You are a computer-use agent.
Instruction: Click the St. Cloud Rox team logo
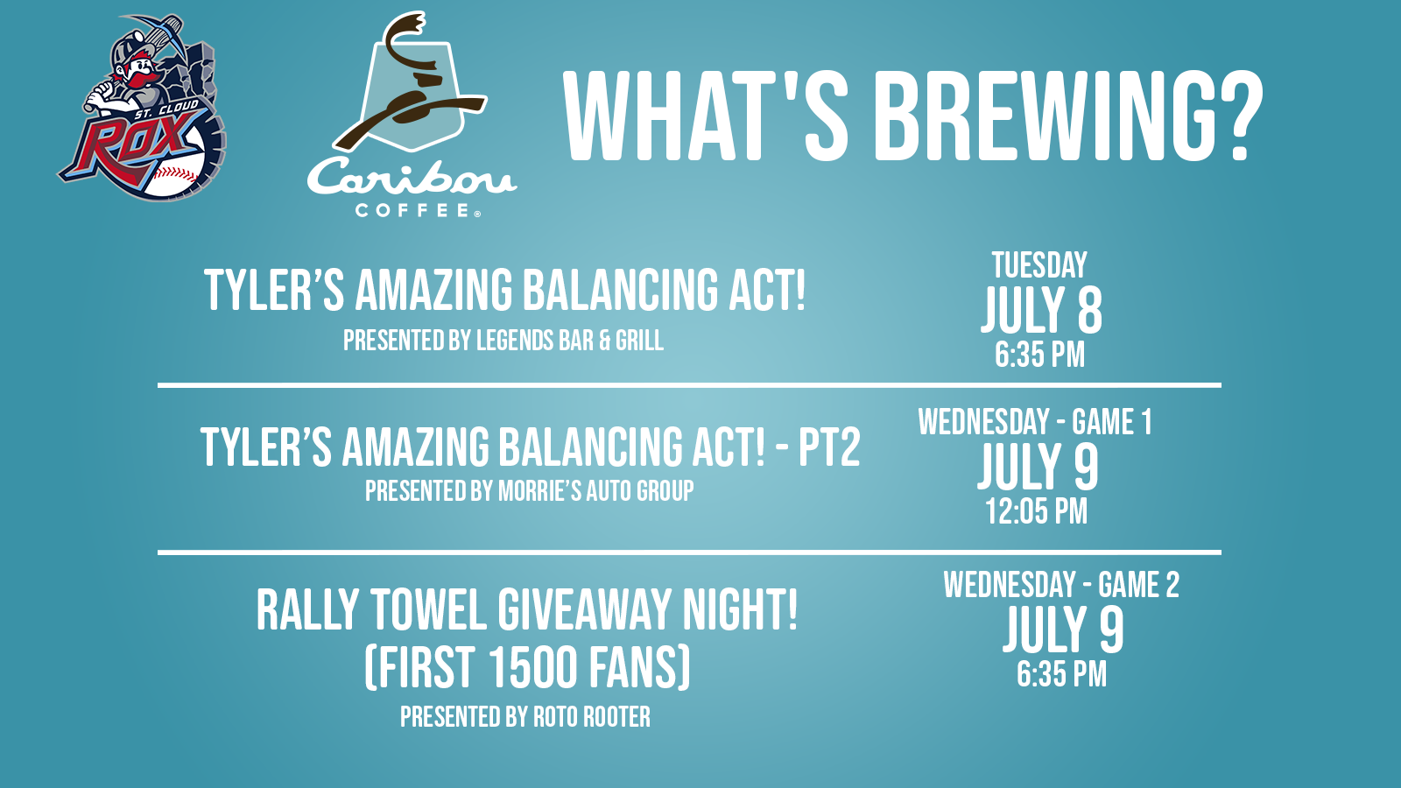(143, 108)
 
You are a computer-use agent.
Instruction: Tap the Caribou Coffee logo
(412, 114)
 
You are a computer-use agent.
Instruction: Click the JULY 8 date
(1041, 310)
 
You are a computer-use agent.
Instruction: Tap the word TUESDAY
(1039, 265)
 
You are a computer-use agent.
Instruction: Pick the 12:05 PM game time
(1037, 511)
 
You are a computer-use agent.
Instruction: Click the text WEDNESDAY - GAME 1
(1035, 421)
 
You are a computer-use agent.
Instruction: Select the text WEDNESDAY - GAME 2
(1061, 585)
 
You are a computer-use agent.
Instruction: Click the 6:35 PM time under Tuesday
(1039, 355)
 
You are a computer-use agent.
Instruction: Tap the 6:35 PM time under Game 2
(1061, 674)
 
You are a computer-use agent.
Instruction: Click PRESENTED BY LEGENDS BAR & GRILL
(503, 341)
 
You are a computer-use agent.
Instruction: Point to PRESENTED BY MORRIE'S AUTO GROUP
(530, 491)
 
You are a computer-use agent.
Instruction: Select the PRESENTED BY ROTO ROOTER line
(525, 717)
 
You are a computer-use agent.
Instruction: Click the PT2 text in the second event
(829, 447)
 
